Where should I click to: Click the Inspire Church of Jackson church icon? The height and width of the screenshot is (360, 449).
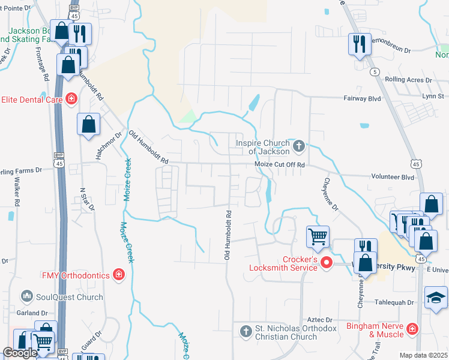tap(299, 145)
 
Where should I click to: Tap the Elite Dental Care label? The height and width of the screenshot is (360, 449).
tap(31, 98)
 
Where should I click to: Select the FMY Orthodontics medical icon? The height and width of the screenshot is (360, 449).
tap(119, 275)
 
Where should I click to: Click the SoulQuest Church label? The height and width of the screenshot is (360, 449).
tap(69, 297)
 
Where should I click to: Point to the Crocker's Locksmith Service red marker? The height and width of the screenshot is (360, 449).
tap(326, 262)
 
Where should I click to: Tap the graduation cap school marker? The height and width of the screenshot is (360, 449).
tap(435, 298)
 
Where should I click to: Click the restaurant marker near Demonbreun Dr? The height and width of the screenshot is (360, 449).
tap(360, 43)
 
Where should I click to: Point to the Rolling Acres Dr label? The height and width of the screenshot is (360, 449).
tap(408, 79)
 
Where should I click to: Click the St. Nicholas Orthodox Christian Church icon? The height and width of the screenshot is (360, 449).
tap(246, 331)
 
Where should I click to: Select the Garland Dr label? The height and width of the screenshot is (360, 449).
tap(32, 313)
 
